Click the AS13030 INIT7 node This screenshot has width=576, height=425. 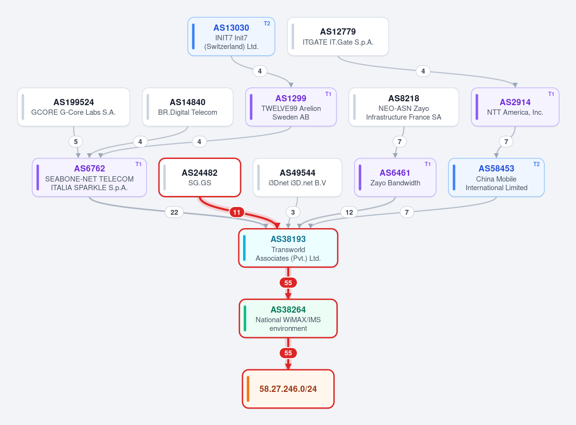tap(231, 36)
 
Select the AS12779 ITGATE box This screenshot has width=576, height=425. tap(338, 36)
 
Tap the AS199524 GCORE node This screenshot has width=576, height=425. tap(74, 107)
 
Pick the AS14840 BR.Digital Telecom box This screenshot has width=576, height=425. tap(188, 107)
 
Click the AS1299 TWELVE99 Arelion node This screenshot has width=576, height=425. tap(291, 107)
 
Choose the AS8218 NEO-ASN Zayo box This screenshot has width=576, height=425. tap(404, 107)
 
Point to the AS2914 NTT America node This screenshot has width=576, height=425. tap(515, 107)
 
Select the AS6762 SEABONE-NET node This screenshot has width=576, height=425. tap(89, 177)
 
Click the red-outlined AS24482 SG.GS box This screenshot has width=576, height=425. tap(200, 177)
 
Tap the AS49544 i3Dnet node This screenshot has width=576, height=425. tap(297, 177)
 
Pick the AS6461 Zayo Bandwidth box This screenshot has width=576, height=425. tap(395, 177)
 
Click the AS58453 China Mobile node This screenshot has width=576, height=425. tap(496, 177)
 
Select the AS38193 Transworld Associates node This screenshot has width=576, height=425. tap(288, 248)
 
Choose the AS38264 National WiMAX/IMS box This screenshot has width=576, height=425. tap(288, 318)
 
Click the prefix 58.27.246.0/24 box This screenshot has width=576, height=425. tap(288, 389)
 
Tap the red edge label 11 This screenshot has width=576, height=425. tap(237, 212)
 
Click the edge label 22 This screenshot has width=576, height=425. tap(174, 212)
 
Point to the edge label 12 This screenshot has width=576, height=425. tap(349, 212)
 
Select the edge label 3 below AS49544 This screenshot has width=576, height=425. tap(293, 212)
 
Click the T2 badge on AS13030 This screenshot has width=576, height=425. tap(267, 24)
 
